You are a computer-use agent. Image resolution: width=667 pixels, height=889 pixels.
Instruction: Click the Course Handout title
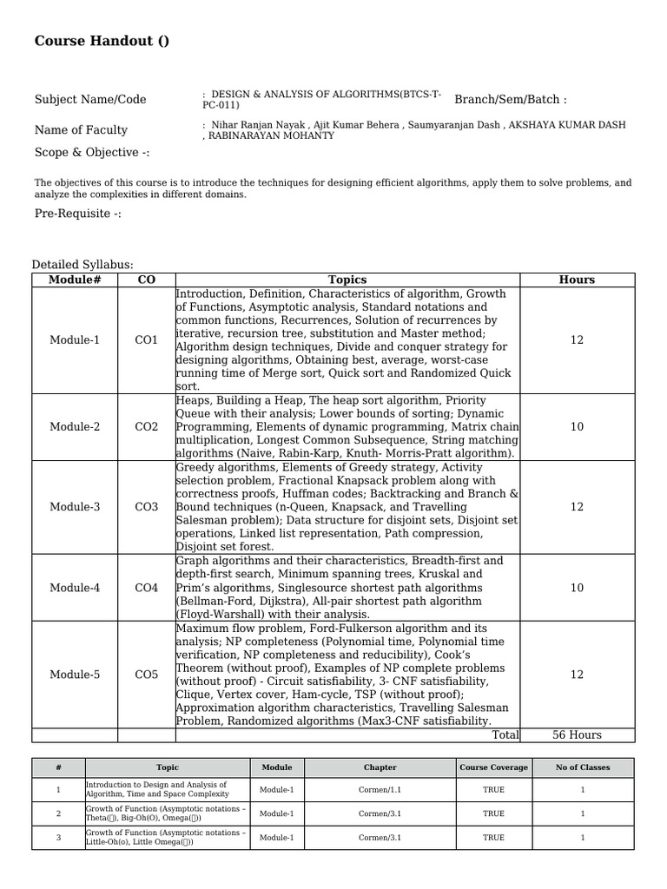tap(102, 42)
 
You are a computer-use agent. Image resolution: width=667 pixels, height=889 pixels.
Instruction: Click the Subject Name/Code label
tap(90, 100)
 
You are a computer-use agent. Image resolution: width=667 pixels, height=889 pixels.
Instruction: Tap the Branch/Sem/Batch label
tap(510, 100)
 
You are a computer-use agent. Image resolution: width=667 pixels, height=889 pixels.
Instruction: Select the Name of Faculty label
tap(81, 130)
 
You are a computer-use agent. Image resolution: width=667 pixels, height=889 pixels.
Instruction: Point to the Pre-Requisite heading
tap(77, 214)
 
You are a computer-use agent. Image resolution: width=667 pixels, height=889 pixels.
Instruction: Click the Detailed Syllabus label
tap(83, 265)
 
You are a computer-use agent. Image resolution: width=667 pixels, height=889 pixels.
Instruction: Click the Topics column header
tap(347, 280)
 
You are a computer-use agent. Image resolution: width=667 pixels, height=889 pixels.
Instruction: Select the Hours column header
tap(577, 280)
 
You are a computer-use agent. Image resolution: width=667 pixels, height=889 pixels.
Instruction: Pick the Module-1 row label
tap(75, 340)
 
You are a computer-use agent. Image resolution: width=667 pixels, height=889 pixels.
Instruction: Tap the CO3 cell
tap(147, 507)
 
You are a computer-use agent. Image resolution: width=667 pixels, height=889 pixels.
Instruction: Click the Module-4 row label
tap(75, 588)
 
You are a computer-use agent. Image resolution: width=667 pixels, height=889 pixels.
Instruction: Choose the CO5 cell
tap(147, 675)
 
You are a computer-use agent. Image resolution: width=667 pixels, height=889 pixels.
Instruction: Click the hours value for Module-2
tap(577, 427)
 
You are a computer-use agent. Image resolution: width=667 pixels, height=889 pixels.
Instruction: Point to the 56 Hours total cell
tap(577, 735)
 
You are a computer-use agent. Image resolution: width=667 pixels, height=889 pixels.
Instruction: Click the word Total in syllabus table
tap(505, 735)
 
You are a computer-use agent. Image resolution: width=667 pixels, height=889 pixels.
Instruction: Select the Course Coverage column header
tap(493, 767)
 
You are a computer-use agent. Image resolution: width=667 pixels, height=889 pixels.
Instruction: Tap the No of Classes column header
tap(583, 767)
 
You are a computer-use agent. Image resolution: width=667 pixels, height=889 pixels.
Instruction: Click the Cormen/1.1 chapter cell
tap(380, 790)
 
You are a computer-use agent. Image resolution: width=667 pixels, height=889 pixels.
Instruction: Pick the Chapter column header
tap(380, 767)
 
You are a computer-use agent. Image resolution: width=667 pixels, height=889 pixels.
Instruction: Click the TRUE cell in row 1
tap(493, 790)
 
